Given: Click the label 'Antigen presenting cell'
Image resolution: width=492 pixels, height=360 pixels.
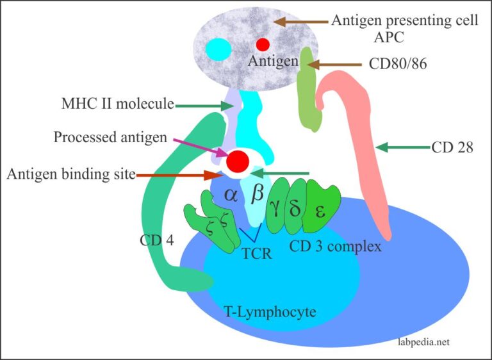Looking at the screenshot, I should (x=404, y=20).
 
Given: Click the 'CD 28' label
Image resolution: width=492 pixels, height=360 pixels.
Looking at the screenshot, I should (x=452, y=148).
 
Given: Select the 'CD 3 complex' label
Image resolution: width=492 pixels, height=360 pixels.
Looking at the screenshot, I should (x=336, y=246).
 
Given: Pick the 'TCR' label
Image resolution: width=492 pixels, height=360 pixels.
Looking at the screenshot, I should (x=256, y=254).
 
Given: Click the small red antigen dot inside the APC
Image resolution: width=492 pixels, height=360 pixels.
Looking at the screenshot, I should (x=263, y=44).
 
